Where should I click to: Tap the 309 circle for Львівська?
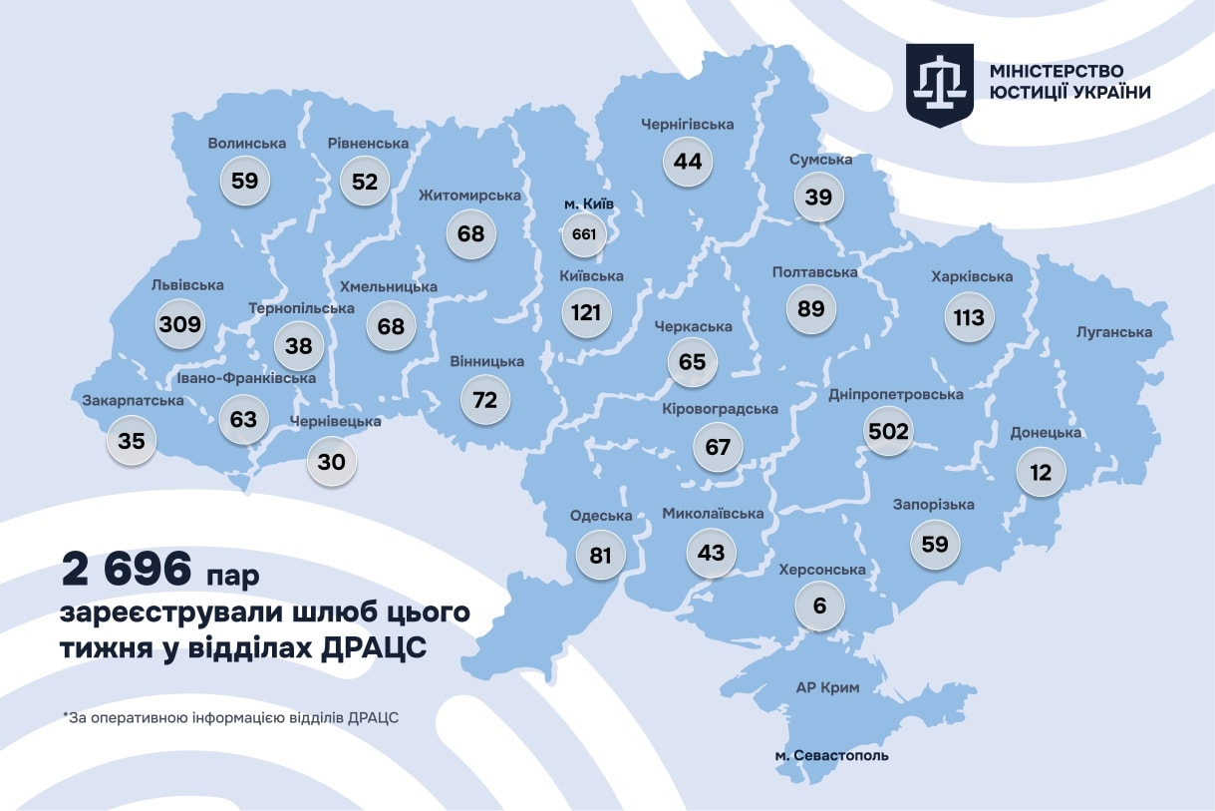click(180, 323)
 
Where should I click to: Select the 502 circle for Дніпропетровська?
click(888, 431)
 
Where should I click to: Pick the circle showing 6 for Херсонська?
click(820, 606)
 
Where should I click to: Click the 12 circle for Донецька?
click(1041, 472)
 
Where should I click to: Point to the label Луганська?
click(1114, 332)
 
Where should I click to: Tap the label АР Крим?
click(827, 687)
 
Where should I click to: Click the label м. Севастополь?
click(831, 755)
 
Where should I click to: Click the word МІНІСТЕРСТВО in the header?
click(1058, 71)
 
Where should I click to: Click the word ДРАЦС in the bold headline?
click(373, 647)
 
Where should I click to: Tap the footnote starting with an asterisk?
click(230, 717)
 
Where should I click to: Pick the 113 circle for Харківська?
click(968, 317)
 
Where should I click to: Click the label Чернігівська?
click(688, 125)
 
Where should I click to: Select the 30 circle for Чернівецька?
click(332, 462)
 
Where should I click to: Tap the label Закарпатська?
click(133, 401)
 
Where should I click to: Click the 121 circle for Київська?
click(586, 313)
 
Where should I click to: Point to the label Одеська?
click(601, 516)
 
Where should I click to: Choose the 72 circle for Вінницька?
click(484, 400)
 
